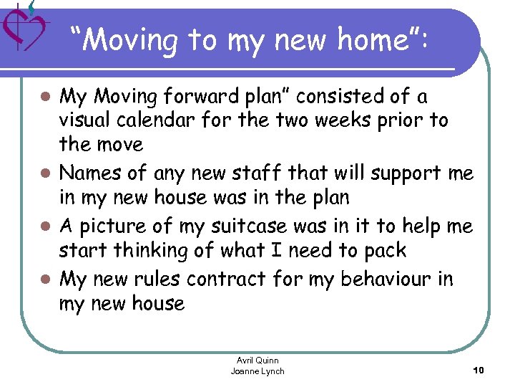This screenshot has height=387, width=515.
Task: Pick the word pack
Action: point(385,252)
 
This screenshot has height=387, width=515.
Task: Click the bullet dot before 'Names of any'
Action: point(45,173)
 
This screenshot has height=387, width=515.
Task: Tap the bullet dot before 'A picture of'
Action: point(45,227)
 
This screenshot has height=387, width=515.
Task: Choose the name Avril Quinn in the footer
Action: point(257,360)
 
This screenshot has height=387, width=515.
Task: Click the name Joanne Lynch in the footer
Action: point(257,371)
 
